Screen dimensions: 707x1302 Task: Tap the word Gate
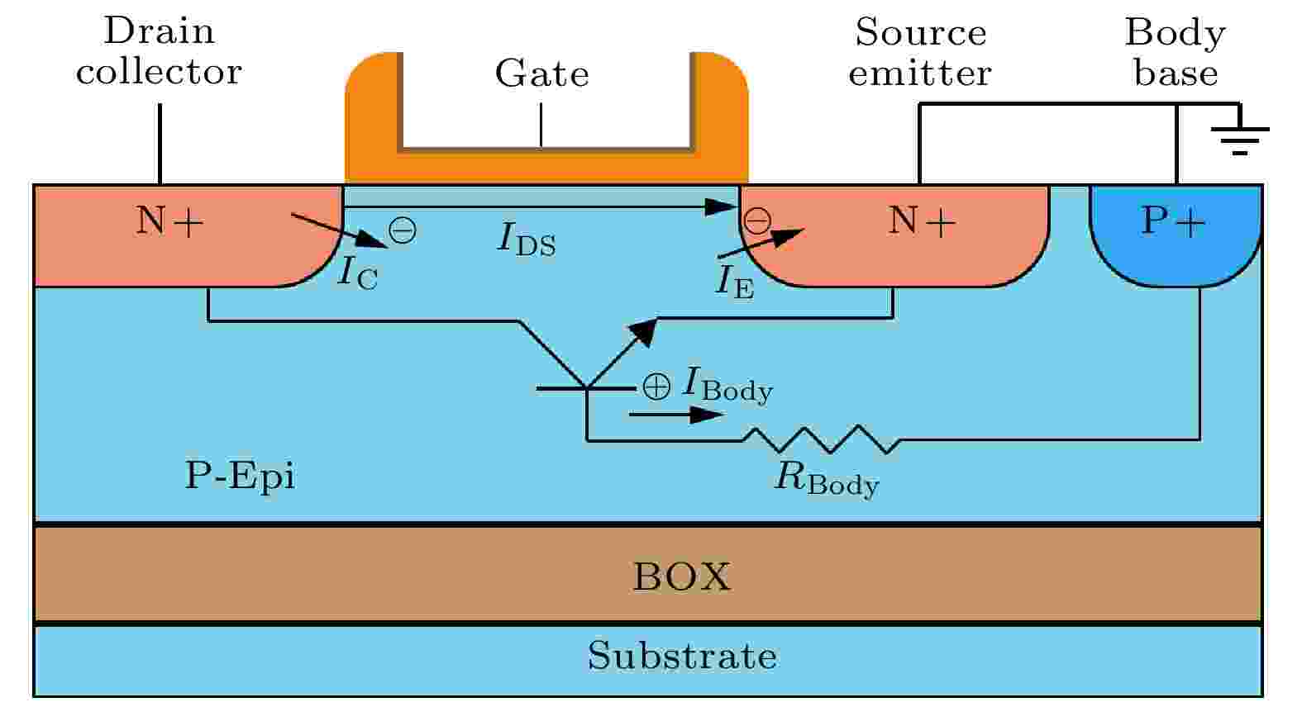click(x=541, y=74)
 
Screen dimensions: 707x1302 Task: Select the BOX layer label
click(x=682, y=577)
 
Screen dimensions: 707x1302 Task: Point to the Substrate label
click(x=682, y=656)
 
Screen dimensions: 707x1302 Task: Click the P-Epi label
click(x=240, y=476)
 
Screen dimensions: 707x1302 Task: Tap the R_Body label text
click(x=826, y=479)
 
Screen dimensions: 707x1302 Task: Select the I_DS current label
click(x=527, y=240)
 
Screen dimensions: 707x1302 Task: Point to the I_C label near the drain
click(x=357, y=273)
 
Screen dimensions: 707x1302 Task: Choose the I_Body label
click(x=727, y=384)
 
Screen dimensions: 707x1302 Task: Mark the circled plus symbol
click(x=656, y=386)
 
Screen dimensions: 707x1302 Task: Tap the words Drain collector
click(x=159, y=52)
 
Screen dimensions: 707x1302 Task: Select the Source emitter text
click(x=920, y=53)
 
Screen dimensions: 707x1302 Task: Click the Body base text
click(x=1175, y=53)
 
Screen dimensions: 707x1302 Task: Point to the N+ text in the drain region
click(x=169, y=221)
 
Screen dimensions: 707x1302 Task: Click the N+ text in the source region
click(x=922, y=221)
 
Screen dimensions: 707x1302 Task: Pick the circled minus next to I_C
click(x=403, y=230)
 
